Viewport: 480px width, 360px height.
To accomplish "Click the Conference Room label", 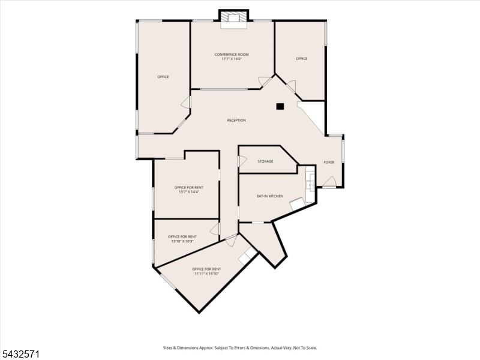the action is pyautogui.click(x=232, y=55).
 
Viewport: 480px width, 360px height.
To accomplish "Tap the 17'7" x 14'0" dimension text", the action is pyautogui.click(x=232, y=59).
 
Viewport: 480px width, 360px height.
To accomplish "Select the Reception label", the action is pyautogui.click(x=236, y=121).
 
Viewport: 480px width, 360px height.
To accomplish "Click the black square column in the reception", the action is pyautogui.click(x=280, y=106).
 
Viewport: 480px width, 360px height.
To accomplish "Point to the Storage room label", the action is pyautogui.click(x=265, y=161).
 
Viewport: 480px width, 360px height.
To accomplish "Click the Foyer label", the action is pyautogui.click(x=329, y=162).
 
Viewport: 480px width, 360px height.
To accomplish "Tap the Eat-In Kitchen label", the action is pyautogui.click(x=270, y=196).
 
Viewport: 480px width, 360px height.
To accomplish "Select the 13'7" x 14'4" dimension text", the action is pyautogui.click(x=189, y=192).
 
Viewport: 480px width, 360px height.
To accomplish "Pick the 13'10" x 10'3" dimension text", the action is pyautogui.click(x=182, y=241).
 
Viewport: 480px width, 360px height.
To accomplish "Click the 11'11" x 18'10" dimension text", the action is pyautogui.click(x=206, y=274).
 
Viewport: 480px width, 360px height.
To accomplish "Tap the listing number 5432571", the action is pyautogui.click(x=20, y=355).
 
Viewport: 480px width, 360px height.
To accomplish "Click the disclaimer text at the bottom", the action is pyautogui.click(x=240, y=348).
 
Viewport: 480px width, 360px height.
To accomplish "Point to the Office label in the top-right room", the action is pyautogui.click(x=302, y=58).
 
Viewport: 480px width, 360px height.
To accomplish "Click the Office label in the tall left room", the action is pyautogui.click(x=163, y=77).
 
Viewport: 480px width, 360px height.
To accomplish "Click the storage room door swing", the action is pyautogui.click(x=242, y=161).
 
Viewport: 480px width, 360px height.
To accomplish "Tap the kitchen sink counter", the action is pyautogui.click(x=310, y=184).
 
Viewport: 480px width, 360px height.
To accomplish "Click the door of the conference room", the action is pyautogui.click(x=265, y=81).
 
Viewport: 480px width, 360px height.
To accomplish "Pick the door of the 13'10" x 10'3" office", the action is pyautogui.click(x=215, y=229).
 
